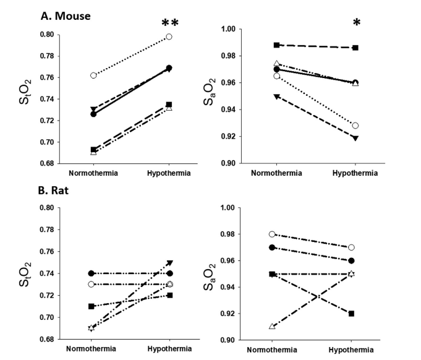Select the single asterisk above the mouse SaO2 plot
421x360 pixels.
pyautogui.click(x=356, y=24)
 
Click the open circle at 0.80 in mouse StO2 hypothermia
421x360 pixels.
pyautogui.click(x=169, y=36)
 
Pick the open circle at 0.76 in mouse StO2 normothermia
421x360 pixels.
pyautogui.click(x=93, y=75)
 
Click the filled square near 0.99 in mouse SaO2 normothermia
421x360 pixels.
pyautogui.click(x=276, y=45)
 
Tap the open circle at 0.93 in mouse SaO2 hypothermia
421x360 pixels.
pyautogui.click(x=355, y=126)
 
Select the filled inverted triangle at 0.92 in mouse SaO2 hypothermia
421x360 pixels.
pyautogui.click(x=355, y=138)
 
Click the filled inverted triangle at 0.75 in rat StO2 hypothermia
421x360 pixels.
pyautogui.click(x=169, y=262)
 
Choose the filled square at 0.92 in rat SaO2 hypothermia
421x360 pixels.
pyautogui.click(x=351, y=314)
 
